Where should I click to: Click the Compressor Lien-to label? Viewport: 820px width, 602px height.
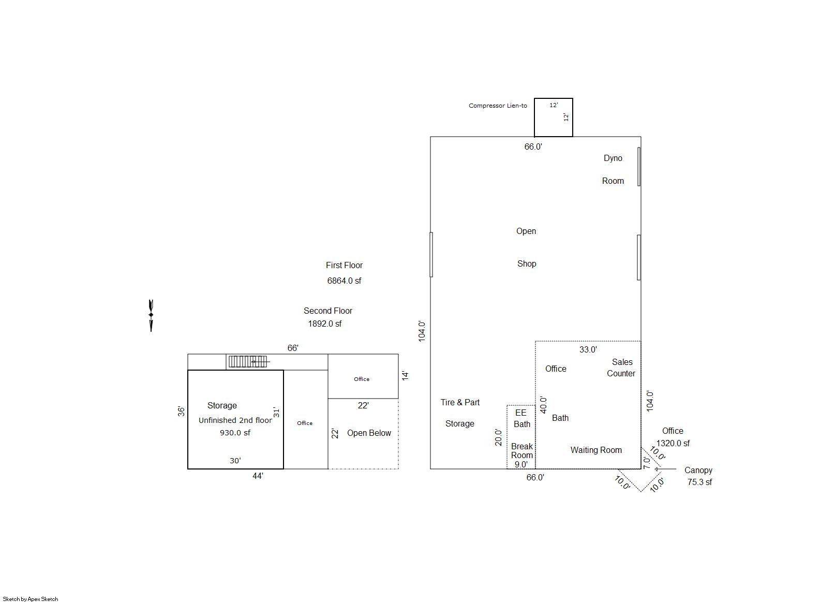coord(498,106)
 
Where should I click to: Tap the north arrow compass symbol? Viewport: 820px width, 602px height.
coord(151,316)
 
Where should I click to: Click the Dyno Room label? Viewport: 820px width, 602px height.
coord(613,170)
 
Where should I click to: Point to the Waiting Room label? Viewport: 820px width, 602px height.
coord(596,450)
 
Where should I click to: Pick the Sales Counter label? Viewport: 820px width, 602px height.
coord(621,368)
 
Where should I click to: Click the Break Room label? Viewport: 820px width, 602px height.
coord(522,451)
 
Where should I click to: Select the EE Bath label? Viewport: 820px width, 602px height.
coord(521,419)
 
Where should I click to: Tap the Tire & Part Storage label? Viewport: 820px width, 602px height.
coord(460,413)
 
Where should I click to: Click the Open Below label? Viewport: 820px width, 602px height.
coord(369,433)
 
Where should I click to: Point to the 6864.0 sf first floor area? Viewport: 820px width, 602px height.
coord(344,281)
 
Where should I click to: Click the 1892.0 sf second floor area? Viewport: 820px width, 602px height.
coord(325,324)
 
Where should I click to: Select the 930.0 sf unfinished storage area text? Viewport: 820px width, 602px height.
coord(235,433)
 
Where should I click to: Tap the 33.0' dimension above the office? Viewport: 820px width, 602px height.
coord(588,350)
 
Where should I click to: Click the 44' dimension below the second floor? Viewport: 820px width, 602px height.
coord(258,476)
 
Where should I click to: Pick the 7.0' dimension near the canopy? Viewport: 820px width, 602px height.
coord(647,462)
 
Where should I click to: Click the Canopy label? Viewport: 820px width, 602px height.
coord(698,471)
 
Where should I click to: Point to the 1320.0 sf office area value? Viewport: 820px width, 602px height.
coord(673,444)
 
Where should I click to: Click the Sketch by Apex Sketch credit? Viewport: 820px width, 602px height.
coord(31,599)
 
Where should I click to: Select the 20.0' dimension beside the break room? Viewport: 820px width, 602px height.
coord(498,437)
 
